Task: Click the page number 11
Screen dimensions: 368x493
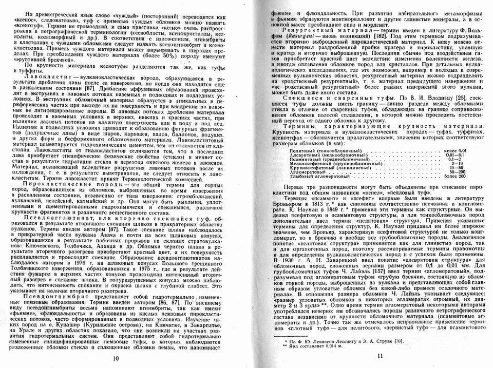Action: click(380, 357)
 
